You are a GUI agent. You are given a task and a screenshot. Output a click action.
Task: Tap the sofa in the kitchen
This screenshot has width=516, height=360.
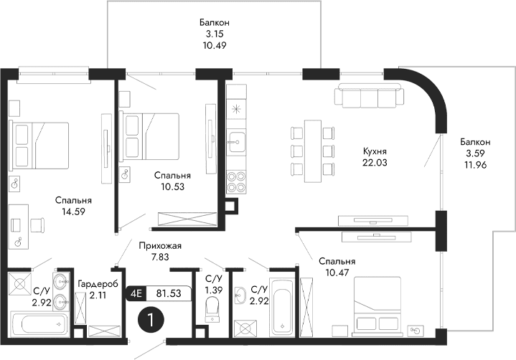coord(368,96)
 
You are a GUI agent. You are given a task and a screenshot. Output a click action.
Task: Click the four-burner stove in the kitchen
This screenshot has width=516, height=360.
coord(235,182)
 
